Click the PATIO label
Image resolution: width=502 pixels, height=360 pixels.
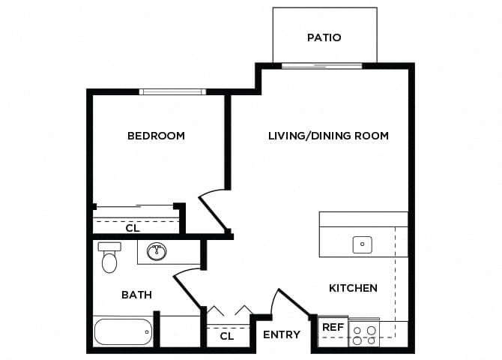(x=324, y=37)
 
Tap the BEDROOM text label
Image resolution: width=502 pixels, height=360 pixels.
(x=156, y=136)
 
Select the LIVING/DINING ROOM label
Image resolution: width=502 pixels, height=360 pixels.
(x=328, y=136)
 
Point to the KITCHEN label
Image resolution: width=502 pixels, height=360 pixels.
(x=353, y=288)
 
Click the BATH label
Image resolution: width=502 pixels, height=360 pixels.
(x=136, y=295)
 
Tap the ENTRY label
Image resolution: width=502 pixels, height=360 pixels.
(x=282, y=334)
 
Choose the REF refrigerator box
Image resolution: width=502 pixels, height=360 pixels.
(x=332, y=328)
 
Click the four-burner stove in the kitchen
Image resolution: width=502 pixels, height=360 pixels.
(x=364, y=334)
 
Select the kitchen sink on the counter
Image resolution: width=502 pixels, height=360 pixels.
(x=363, y=244)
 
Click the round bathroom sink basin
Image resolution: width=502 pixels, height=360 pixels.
(x=157, y=250)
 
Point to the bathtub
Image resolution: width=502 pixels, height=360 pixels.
(x=122, y=331)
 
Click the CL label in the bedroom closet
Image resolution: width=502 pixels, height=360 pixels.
(x=132, y=227)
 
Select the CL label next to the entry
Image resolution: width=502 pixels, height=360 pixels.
(x=227, y=337)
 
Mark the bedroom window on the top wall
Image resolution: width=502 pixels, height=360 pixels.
(x=172, y=91)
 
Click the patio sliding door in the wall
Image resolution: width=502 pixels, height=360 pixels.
(x=321, y=66)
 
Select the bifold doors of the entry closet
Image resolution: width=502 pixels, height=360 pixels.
(x=229, y=310)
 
